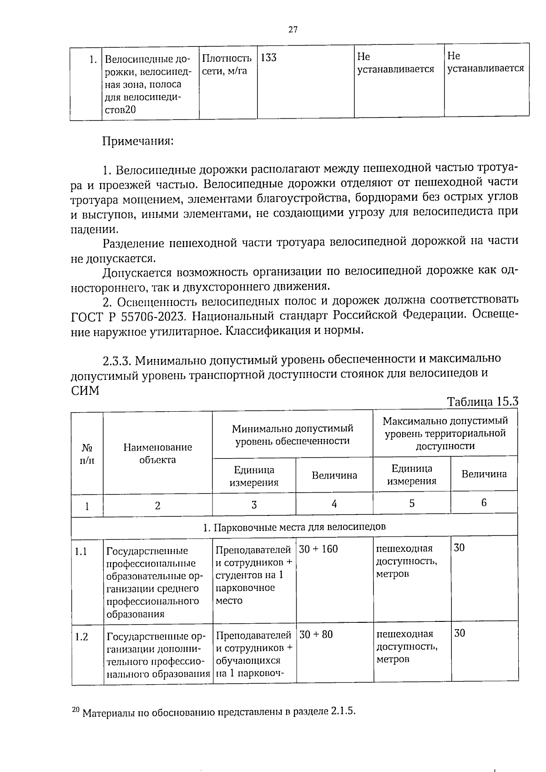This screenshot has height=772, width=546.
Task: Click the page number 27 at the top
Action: [x=293, y=30]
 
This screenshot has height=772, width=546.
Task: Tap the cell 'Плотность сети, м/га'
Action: [x=227, y=65]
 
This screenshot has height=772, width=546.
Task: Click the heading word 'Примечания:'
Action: [x=138, y=141]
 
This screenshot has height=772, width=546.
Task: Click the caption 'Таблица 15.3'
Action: [x=483, y=402]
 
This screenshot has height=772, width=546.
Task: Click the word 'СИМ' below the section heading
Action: [x=85, y=390]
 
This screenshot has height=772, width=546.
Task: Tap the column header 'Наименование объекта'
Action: [x=157, y=453]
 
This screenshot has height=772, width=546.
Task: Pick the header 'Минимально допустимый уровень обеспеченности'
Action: [x=292, y=434]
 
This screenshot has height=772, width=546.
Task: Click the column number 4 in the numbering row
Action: [x=334, y=504]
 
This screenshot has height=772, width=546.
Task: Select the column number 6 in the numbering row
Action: [x=484, y=502]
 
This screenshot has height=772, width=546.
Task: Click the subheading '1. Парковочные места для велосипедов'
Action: [x=294, y=527]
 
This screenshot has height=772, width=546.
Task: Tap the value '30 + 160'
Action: [x=318, y=549]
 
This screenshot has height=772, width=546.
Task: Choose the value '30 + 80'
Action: [x=316, y=634]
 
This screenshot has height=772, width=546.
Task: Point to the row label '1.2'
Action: [x=81, y=637]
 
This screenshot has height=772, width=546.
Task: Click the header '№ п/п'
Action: [x=86, y=453]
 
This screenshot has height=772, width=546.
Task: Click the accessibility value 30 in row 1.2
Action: [x=460, y=633]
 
